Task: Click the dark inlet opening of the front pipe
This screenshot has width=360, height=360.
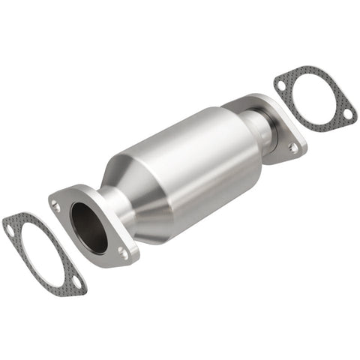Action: coord(88,227)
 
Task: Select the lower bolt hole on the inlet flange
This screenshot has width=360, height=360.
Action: coord(122,253)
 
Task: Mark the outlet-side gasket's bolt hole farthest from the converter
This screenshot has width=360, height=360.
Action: coord(347,114)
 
